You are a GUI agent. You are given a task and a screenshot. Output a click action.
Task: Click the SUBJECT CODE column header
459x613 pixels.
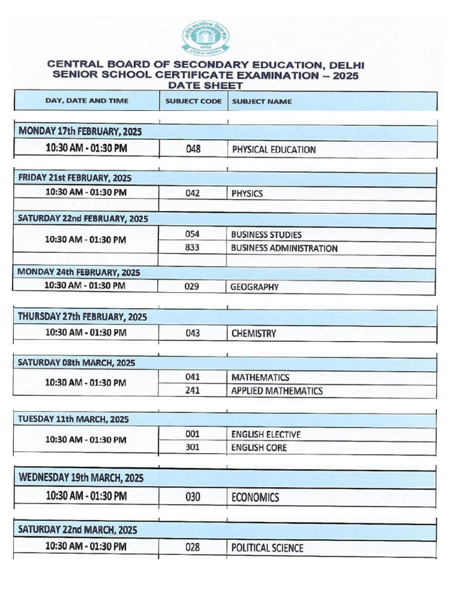click(x=193, y=101)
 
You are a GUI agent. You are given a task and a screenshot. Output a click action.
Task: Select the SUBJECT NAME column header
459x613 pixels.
click(x=262, y=101)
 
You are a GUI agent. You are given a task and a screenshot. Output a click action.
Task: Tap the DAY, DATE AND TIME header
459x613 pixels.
click(x=87, y=101)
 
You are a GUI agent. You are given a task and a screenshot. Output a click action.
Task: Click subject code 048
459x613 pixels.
click(x=193, y=150)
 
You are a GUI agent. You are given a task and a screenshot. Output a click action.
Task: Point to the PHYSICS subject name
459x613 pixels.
click(x=247, y=193)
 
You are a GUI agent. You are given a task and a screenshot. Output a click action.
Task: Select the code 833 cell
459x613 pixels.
click(x=192, y=248)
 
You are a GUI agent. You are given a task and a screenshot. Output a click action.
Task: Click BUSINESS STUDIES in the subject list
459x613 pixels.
click(x=266, y=235)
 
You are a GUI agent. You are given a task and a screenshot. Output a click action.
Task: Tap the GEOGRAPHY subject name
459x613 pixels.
click(x=255, y=287)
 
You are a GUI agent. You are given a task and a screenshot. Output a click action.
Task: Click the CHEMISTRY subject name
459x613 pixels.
click(x=253, y=333)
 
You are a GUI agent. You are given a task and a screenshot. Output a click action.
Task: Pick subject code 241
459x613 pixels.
click(x=192, y=391)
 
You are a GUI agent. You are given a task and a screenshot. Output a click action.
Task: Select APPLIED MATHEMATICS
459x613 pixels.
click(x=277, y=391)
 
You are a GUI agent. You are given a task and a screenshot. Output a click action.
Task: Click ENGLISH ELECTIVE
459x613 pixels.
click(x=265, y=434)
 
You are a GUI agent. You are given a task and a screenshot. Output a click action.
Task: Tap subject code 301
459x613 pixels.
click(x=192, y=448)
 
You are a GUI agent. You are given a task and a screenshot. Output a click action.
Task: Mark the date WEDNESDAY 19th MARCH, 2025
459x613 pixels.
click(x=81, y=478)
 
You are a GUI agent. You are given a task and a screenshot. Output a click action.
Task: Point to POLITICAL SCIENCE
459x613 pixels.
click(x=267, y=548)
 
